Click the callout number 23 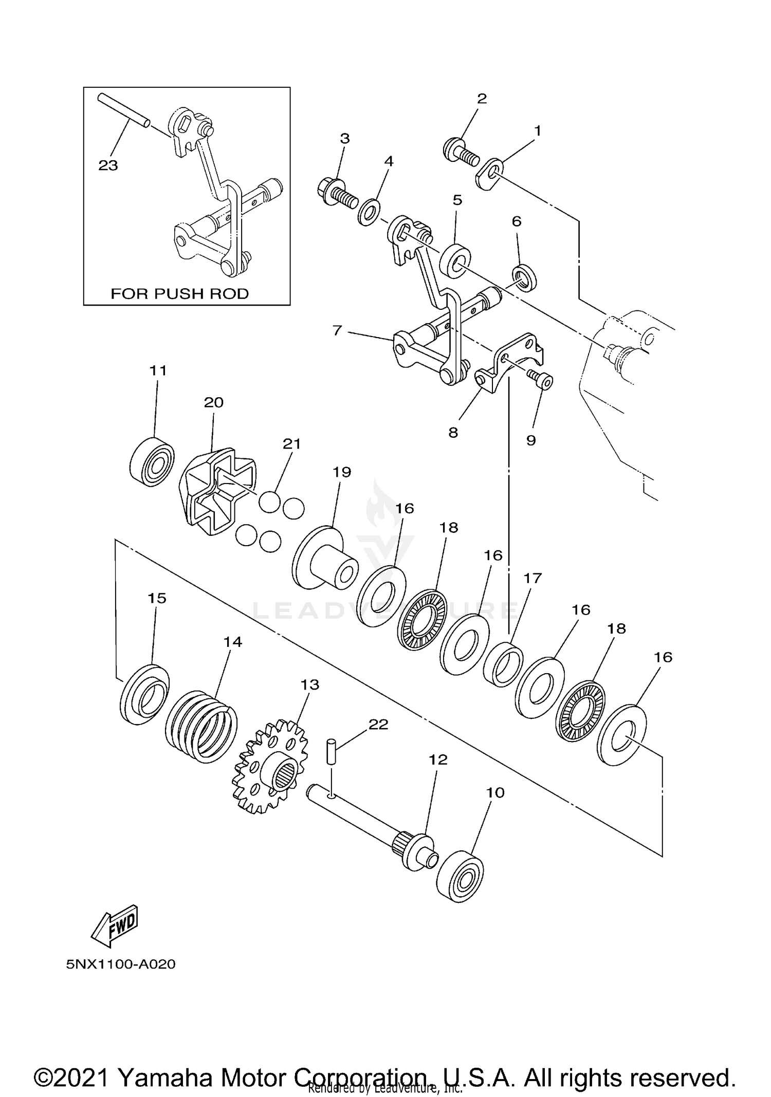[x=108, y=165]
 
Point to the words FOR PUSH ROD [x=179, y=293]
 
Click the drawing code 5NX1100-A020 [x=121, y=964]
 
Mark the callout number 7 [x=337, y=330]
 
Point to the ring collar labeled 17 [x=504, y=663]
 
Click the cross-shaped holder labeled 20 [x=219, y=492]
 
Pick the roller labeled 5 [x=456, y=261]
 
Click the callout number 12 [x=438, y=759]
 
